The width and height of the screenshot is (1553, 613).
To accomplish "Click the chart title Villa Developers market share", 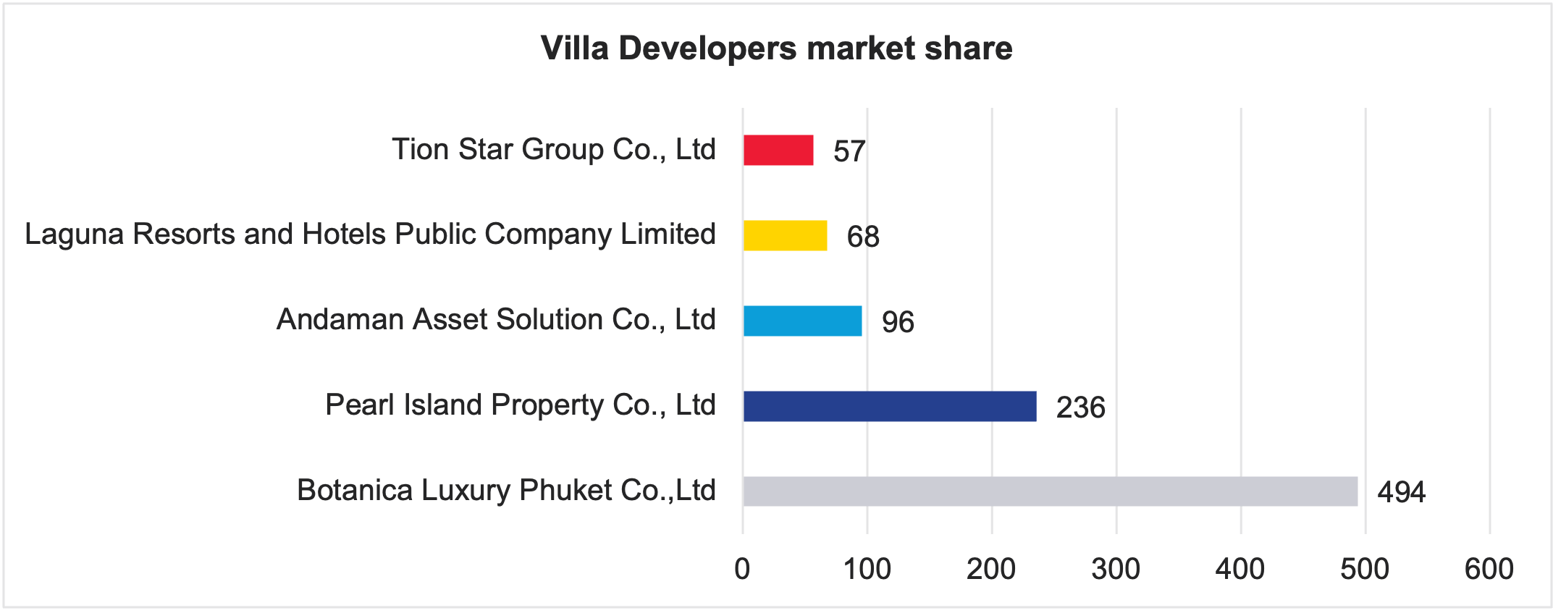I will tap(776, 48).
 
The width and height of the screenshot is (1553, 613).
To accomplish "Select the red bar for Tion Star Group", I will tap(778, 151).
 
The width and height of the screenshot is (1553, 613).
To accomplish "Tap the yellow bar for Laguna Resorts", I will tap(785, 236).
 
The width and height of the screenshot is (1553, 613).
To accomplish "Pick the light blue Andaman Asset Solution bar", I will tap(802, 321).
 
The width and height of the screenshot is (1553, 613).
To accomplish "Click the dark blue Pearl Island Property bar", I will tap(890, 406).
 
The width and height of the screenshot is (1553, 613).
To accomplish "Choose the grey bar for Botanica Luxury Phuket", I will tap(1050, 491).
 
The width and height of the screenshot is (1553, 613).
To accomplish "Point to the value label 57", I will tap(849, 151).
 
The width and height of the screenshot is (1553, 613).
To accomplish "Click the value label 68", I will tap(863, 237).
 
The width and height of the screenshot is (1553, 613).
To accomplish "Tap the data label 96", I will tap(898, 322).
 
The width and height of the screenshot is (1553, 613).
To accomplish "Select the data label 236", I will tap(1080, 407).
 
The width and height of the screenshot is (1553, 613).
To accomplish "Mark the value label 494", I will tap(1401, 493).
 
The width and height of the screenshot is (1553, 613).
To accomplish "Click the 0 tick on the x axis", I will tap(742, 570).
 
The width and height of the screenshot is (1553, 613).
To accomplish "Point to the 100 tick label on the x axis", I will tap(867, 570).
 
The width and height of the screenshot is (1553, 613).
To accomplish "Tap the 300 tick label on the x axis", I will tap(1116, 570).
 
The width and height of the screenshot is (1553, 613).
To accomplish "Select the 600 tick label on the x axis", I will tap(1489, 570).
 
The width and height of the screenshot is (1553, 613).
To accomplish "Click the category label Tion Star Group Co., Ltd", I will tap(554, 150).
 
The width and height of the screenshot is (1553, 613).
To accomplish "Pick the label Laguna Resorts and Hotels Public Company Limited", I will tap(370, 234).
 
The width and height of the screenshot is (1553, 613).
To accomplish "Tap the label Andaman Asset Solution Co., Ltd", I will tap(496, 320).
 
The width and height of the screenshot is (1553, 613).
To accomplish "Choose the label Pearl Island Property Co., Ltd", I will tap(520, 405).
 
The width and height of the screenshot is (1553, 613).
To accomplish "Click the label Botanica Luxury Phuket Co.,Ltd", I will tap(506, 491).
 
